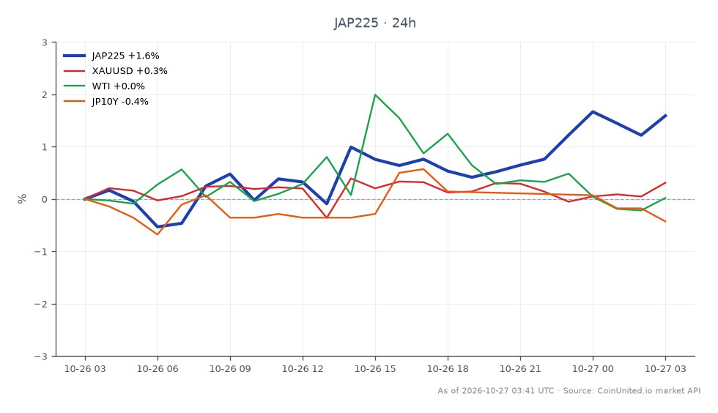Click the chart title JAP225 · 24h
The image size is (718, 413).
click(x=374, y=23)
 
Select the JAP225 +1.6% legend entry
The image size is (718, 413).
click(x=111, y=56)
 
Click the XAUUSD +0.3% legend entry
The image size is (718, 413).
click(x=116, y=71)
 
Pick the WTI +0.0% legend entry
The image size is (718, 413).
click(x=104, y=86)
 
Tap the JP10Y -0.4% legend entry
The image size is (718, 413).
click(x=106, y=102)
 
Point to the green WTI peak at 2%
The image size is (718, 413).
click(x=375, y=94)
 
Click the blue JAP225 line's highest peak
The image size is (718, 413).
click(x=593, y=112)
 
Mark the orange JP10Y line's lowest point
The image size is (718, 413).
click(x=158, y=234)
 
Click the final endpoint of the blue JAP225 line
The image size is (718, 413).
click(x=665, y=116)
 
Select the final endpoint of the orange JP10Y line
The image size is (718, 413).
click(x=665, y=222)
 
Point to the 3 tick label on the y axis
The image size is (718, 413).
click(x=45, y=42)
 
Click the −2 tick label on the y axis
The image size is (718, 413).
click(x=41, y=304)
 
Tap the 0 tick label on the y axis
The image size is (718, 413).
click(x=45, y=200)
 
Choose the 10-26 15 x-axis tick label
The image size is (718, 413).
click(x=375, y=369)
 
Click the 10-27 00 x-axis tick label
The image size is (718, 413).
click(x=593, y=369)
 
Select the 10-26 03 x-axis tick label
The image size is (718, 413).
click(x=85, y=369)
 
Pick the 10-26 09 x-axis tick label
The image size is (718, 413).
click(x=230, y=369)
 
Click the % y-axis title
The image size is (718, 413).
click(x=22, y=198)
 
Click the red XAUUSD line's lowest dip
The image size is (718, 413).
click(x=327, y=217)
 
